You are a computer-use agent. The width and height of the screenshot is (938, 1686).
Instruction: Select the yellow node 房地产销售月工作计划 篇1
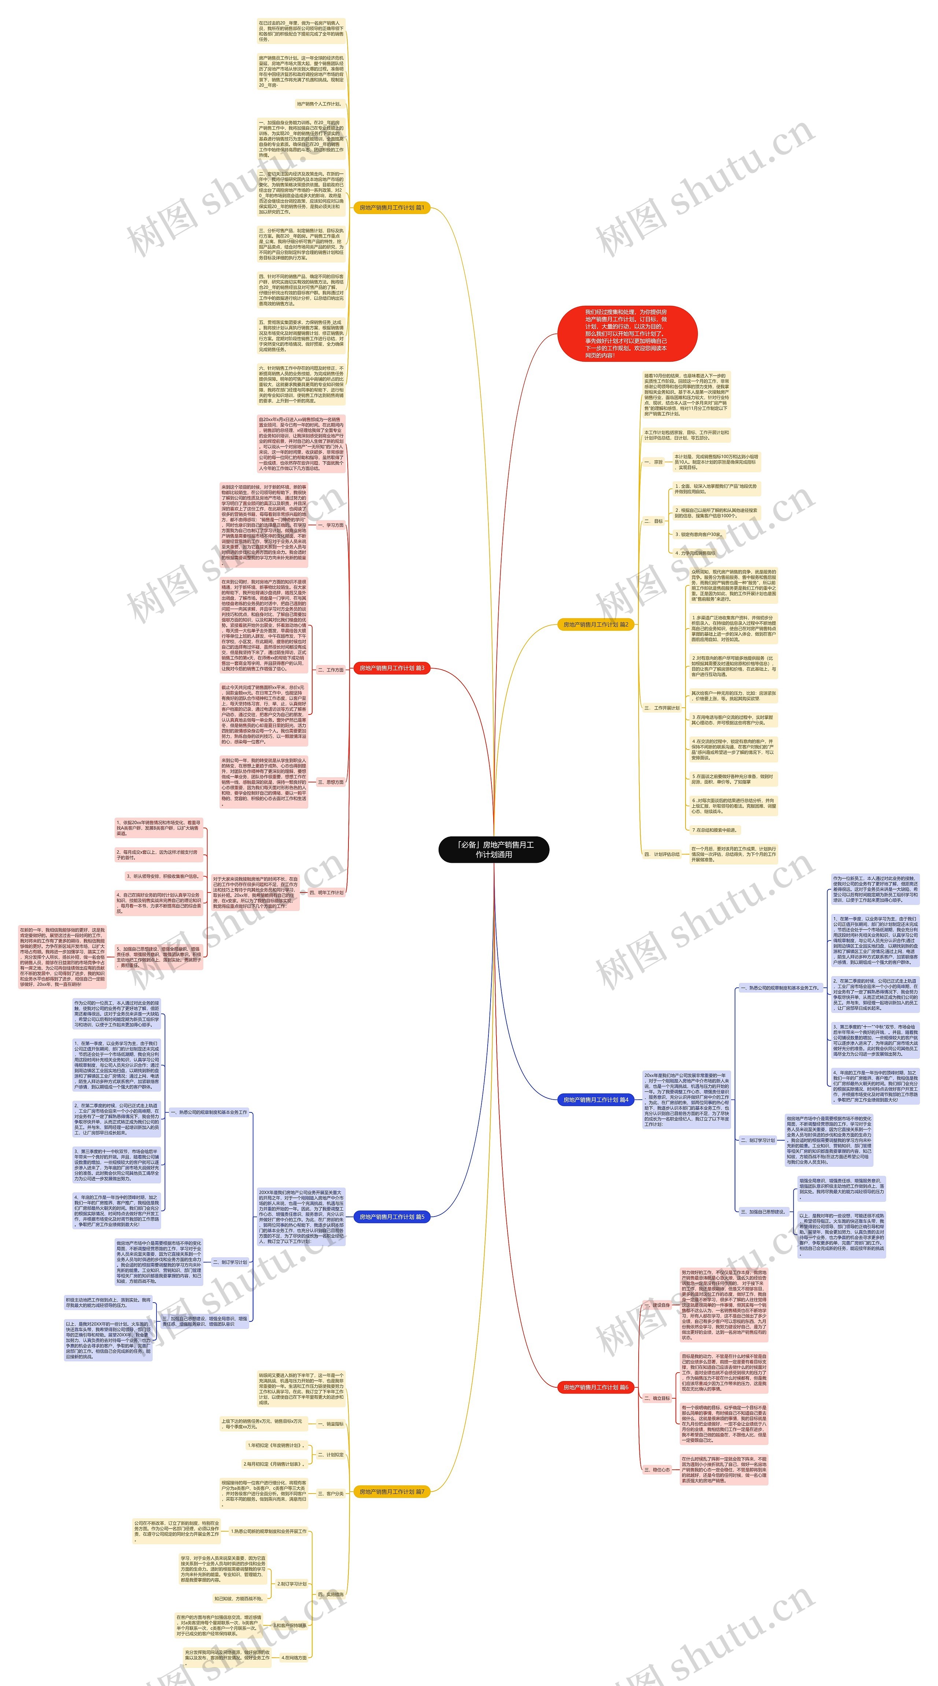pos(391,207)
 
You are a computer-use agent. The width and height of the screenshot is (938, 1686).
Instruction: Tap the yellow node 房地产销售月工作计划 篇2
pos(595,625)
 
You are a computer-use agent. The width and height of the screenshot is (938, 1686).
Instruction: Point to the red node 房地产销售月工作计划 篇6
pos(595,1387)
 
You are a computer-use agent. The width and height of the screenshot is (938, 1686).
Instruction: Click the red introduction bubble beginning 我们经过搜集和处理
pos(627,334)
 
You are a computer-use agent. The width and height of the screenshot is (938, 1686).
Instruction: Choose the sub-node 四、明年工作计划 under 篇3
pos(326,892)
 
